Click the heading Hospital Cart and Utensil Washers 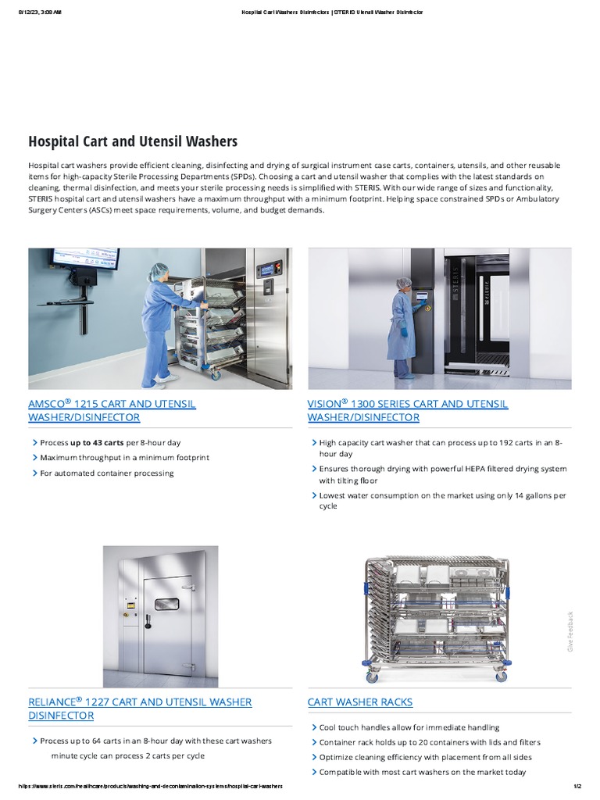click(x=133, y=141)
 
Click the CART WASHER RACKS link click(x=360, y=702)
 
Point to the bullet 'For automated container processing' click(x=107, y=473)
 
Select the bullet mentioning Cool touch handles click(x=409, y=727)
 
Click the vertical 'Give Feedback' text click(x=570, y=631)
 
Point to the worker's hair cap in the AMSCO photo click(x=159, y=269)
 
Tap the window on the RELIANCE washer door click(x=166, y=603)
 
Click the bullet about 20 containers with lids click(x=430, y=742)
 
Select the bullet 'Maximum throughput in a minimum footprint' click(x=124, y=458)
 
